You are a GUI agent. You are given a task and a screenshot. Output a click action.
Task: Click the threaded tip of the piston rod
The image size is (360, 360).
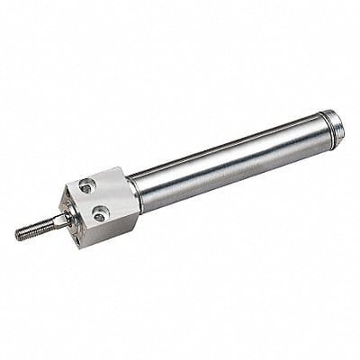[x=20, y=236]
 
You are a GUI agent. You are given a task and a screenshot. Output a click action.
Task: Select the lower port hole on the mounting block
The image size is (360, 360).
[x=100, y=213]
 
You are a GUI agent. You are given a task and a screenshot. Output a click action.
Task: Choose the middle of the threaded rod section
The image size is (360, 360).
[x=34, y=230]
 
